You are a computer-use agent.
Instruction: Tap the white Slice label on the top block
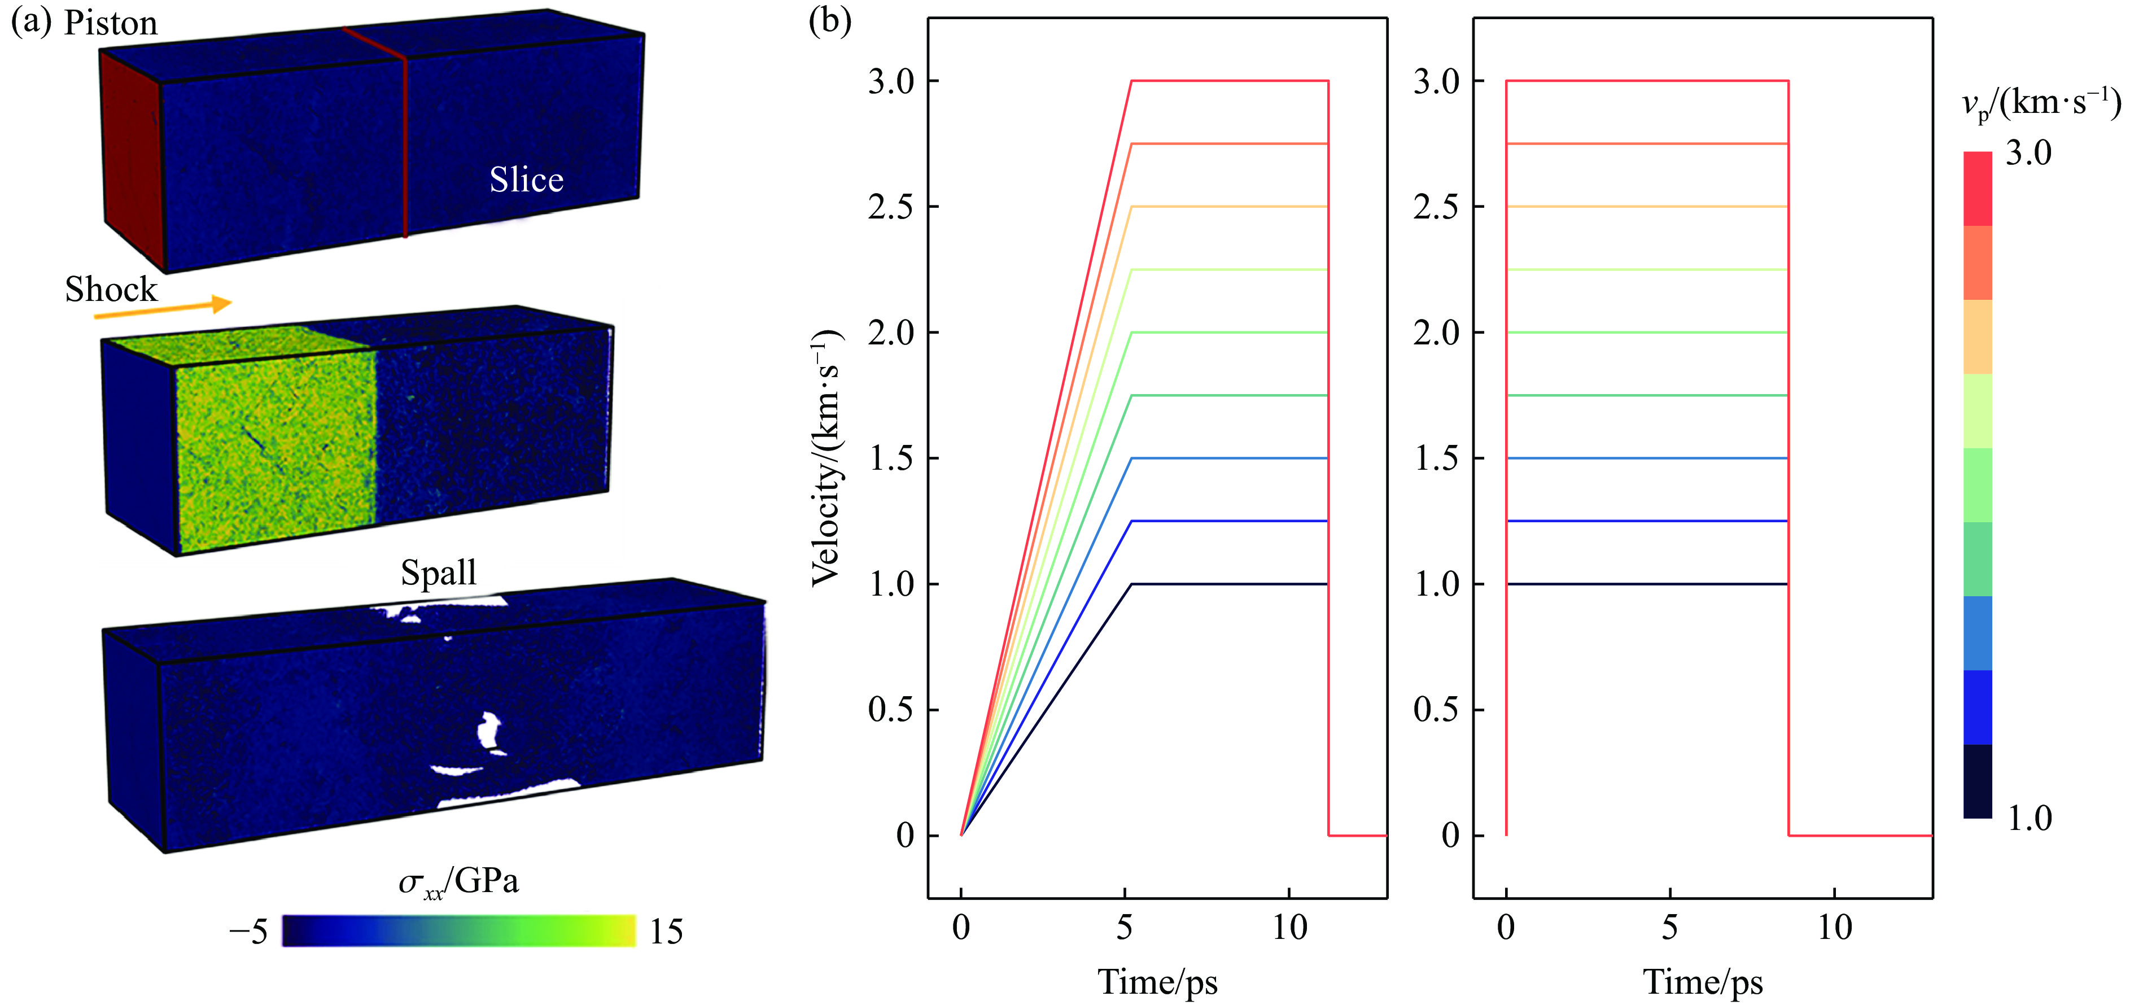526,180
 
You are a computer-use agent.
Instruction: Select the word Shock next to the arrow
111,289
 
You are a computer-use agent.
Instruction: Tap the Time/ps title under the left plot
1157,982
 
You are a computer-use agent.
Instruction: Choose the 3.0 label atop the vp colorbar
2027,153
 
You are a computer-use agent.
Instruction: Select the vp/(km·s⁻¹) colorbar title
2040,103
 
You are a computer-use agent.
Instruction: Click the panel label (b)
829,21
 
